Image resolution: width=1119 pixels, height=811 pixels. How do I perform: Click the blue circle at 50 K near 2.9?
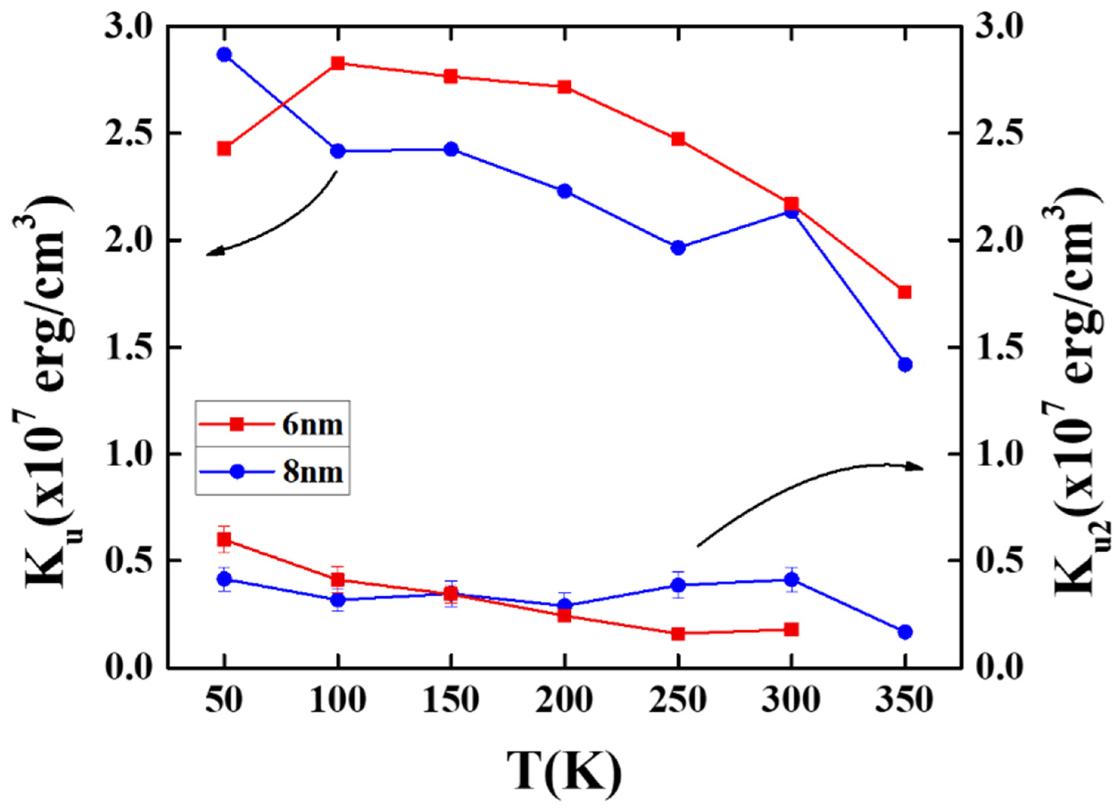(224, 55)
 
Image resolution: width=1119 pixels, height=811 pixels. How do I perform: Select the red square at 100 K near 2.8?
(337, 63)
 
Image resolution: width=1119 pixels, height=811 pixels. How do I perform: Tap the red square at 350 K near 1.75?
(904, 292)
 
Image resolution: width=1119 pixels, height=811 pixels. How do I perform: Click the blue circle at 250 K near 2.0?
(678, 248)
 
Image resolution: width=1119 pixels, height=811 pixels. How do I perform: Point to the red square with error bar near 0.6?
(224, 539)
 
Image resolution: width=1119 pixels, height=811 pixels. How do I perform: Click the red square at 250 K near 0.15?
(678, 648)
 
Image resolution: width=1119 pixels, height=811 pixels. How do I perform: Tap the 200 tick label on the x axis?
(564, 700)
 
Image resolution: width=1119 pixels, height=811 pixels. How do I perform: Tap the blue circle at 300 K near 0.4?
(791, 580)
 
